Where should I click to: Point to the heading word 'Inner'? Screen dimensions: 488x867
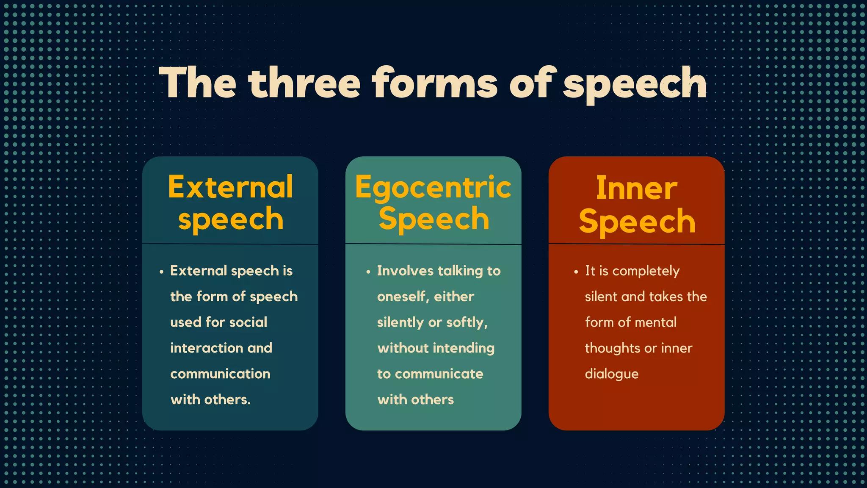[636, 188]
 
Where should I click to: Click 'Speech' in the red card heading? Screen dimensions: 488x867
[637, 221]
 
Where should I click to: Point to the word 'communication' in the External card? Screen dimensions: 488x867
[220, 374]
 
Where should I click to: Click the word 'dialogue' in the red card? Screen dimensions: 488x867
[611, 374]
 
